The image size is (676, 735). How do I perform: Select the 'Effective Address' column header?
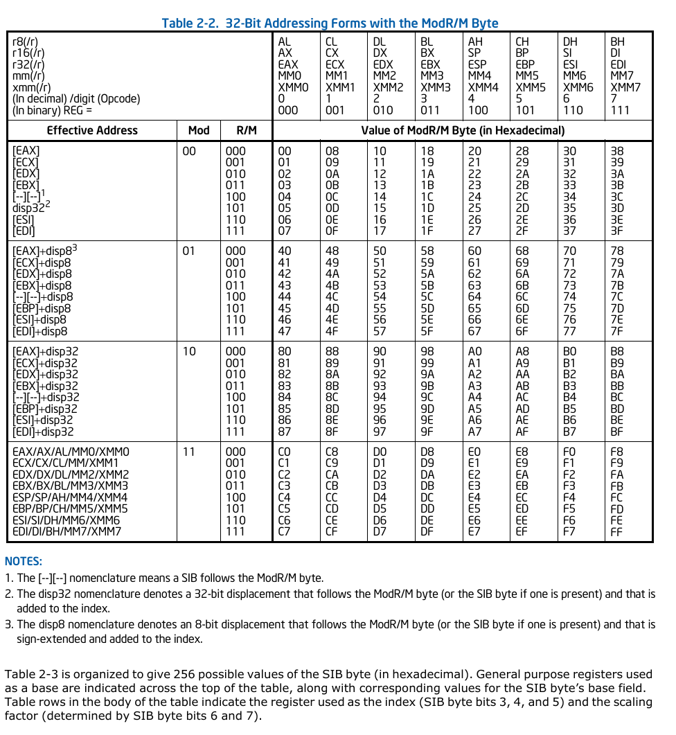[92, 130]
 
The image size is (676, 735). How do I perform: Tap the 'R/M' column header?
[246, 130]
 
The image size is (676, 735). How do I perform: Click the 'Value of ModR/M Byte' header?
[463, 130]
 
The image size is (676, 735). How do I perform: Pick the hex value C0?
[284, 452]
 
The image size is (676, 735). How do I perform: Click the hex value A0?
[474, 351]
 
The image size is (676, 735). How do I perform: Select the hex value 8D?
[332, 409]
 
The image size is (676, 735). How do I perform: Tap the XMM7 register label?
[625, 87]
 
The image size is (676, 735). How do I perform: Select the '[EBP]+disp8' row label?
[42, 308]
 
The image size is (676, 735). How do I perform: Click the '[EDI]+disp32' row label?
[44, 432]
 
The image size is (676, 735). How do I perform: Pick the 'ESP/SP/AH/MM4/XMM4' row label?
[70, 497]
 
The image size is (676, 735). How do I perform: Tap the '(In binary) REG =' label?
[52, 109]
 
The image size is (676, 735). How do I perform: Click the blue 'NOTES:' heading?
[24, 561]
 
